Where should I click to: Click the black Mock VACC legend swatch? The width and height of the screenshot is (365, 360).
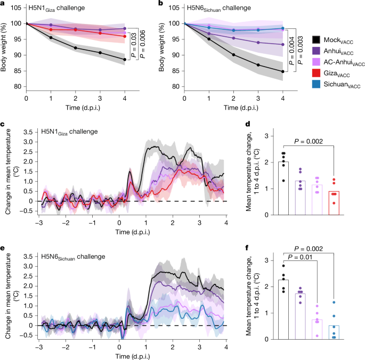(x=317, y=40)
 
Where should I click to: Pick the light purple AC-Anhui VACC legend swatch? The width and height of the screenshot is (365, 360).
(x=317, y=62)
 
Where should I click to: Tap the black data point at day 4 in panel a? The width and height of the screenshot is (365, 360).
(x=124, y=60)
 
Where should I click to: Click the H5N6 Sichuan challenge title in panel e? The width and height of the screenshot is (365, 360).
(x=74, y=256)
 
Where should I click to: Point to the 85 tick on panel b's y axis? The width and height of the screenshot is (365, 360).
(x=174, y=71)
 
